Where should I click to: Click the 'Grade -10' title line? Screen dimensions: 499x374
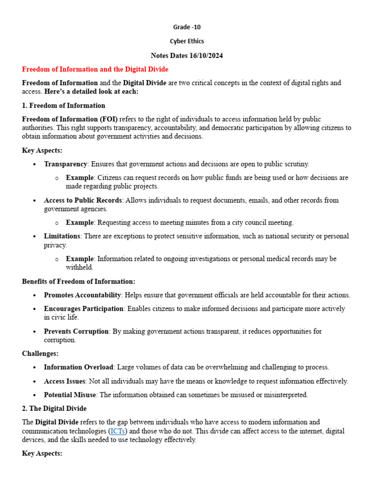coord(187,27)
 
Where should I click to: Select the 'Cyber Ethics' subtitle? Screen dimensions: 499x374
coord(187,41)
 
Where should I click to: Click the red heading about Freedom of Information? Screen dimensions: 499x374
coord(95,69)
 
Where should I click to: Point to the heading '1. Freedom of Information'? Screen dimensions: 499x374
coord(63,105)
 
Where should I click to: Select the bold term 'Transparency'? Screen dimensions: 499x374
coord(65,164)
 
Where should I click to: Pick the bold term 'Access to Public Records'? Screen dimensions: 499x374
coord(83,200)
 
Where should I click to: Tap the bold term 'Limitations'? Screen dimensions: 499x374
coord(62,236)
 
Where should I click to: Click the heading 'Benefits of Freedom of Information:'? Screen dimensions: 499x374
coord(78,281)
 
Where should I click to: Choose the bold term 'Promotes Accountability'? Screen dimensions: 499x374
coord(82,295)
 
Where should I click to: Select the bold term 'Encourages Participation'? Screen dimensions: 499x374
coord(83,308)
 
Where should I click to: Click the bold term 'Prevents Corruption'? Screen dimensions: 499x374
coord(76,331)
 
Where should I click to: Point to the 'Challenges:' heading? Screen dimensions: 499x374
coord(40,353)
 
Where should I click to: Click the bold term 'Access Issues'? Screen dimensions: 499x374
coord(65,381)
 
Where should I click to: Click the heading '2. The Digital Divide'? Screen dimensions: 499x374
coord(54,408)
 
